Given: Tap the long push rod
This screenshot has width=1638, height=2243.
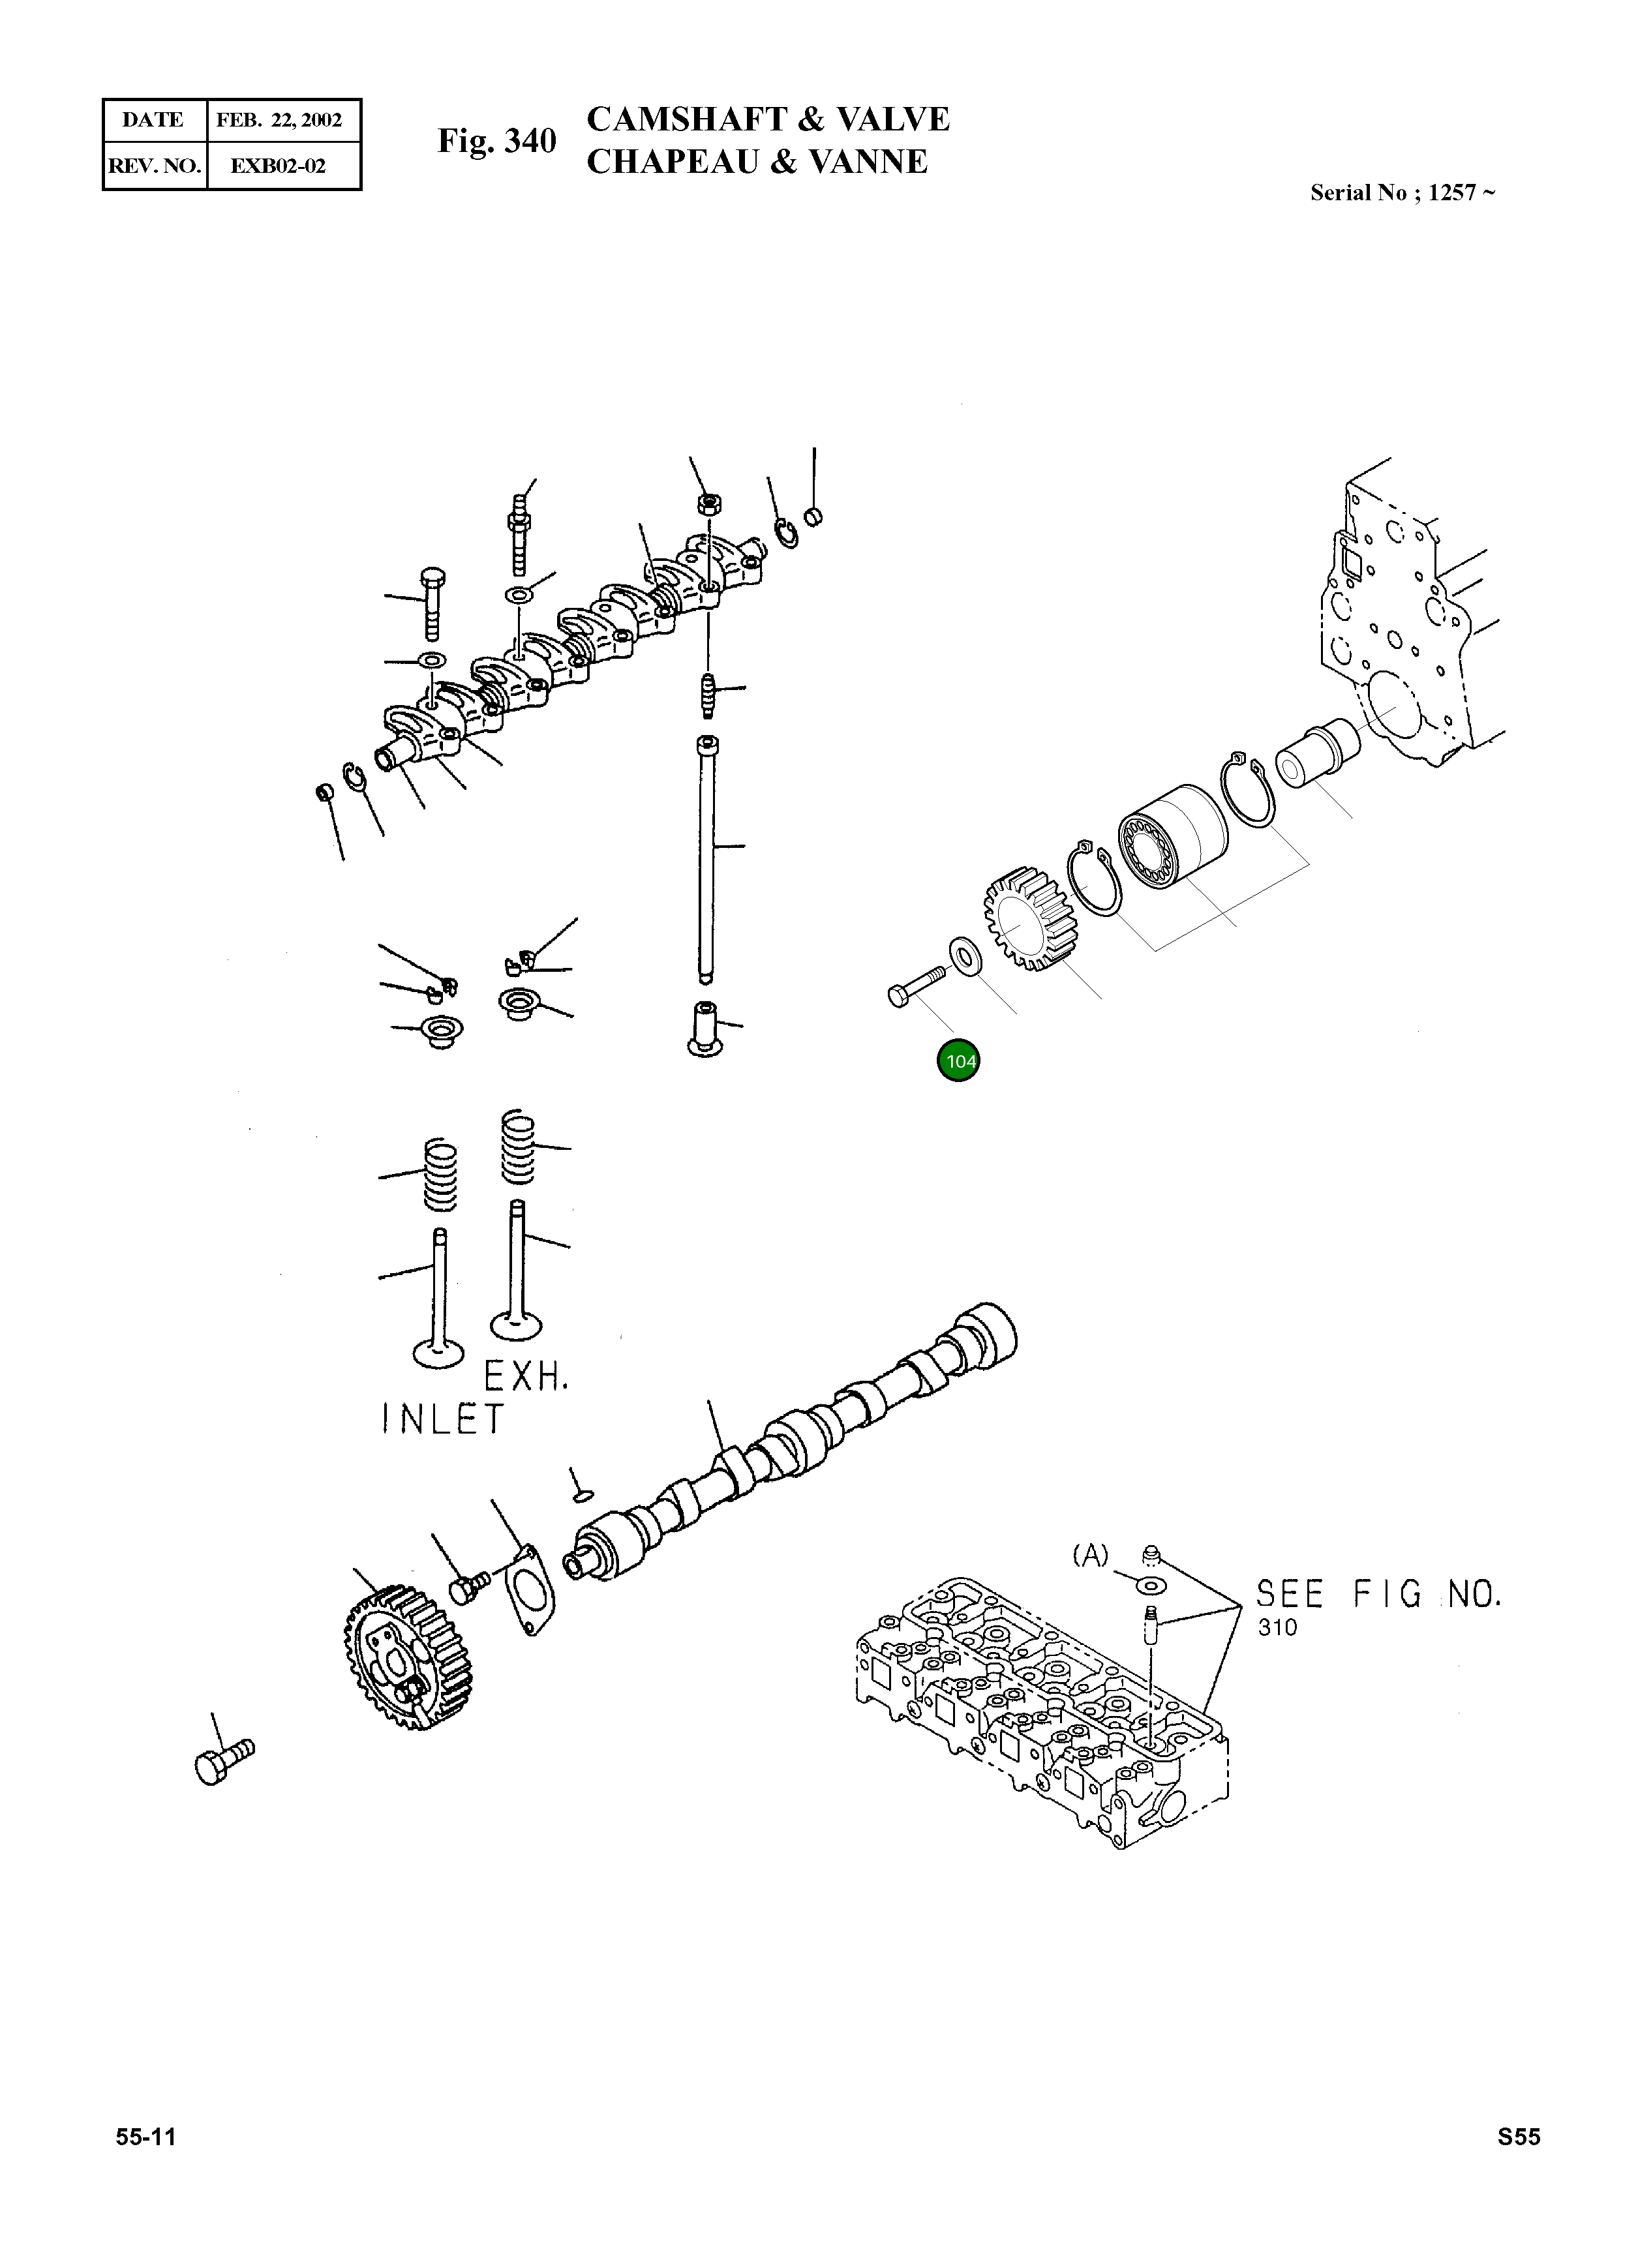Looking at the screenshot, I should pos(705,858).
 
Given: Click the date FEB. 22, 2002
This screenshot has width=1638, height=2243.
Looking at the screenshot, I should pos(280,121).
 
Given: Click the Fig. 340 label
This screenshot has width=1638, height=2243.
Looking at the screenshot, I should pos(497,142).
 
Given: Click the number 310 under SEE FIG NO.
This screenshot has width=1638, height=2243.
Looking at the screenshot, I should pos(1277,1627).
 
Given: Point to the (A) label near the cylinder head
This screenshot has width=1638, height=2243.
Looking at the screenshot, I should pos(1091,1556).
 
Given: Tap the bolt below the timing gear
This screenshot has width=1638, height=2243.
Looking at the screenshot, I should pos(224,1761).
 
